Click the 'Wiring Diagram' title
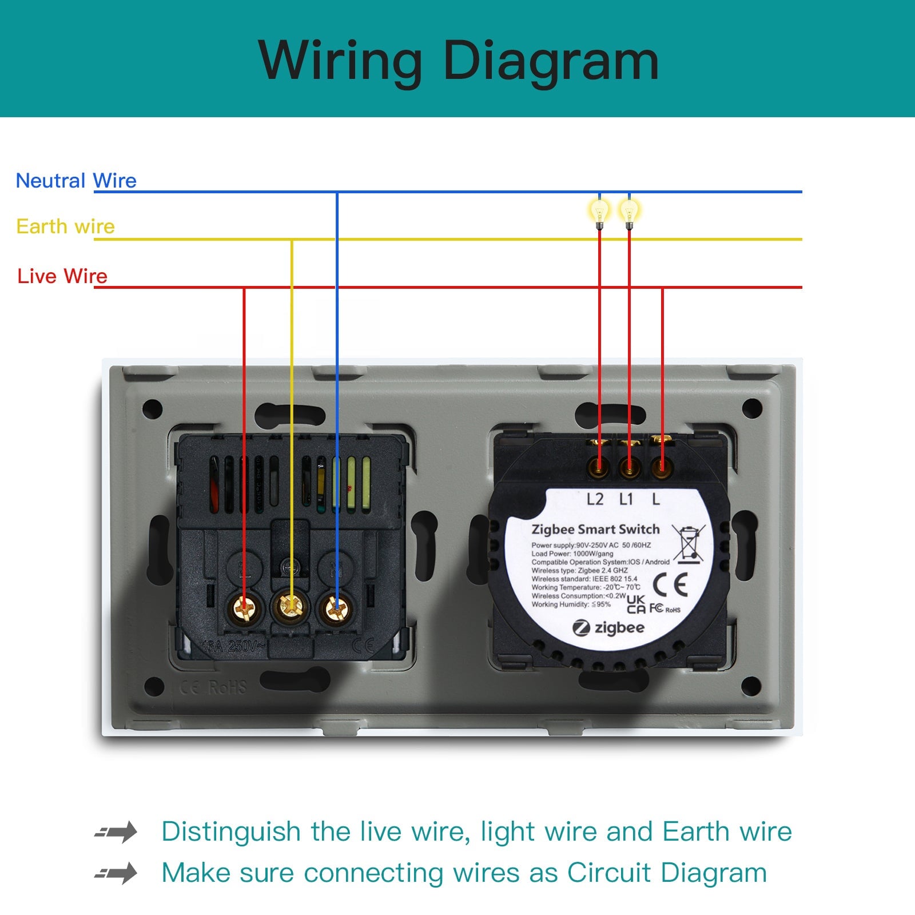pyautogui.click(x=458, y=61)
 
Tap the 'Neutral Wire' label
pyautogui.click(x=76, y=181)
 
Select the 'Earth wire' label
pyautogui.click(x=65, y=226)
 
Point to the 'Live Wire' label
pyautogui.click(x=62, y=276)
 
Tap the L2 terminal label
pyautogui.click(x=595, y=499)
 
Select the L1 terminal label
pyautogui.click(x=626, y=499)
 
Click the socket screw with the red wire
pyautogui.click(x=244, y=608)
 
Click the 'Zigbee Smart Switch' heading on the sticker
pyautogui.click(x=595, y=530)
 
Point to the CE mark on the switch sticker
pyautogui.click(x=670, y=584)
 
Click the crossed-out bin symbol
pyautogui.click(x=689, y=543)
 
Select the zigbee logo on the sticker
pyautogui.click(x=608, y=628)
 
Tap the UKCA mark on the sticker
pyautogui.click(x=636, y=604)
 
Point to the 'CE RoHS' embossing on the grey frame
pyautogui.click(x=213, y=687)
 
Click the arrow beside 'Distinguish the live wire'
pyautogui.click(x=116, y=832)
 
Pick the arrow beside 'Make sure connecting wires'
pyautogui.click(x=116, y=873)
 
